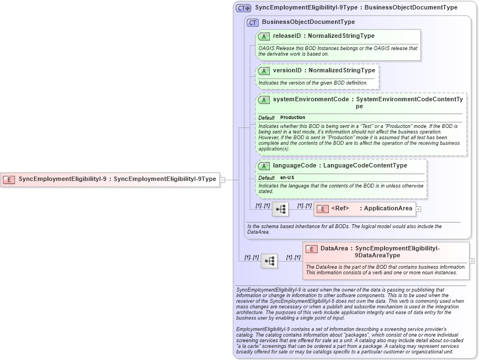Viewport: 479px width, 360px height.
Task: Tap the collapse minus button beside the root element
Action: (x=223, y=179)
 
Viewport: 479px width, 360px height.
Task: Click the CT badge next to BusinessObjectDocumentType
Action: (x=253, y=22)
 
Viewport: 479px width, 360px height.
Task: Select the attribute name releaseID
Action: (x=287, y=36)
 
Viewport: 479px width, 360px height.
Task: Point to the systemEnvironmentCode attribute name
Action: (x=310, y=99)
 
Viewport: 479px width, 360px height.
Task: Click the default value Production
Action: (x=293, y=117)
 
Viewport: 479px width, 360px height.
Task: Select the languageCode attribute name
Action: (x=294, y=165)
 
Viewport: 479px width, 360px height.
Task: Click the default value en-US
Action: (x=287, y=177)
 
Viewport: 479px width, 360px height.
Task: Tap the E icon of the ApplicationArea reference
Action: (x=322, y=209)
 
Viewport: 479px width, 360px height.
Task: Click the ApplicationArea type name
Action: (x=388, y=209)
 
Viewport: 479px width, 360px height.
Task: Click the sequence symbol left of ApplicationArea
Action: (x=280, y=209)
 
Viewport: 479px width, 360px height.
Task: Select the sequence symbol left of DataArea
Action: (x=269, y=261)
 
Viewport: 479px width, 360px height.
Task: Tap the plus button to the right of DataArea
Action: (x=472, y=260)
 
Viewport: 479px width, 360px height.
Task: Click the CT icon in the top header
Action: (x=244, y=8)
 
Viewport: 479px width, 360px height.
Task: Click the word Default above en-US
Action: (x=266, y=177)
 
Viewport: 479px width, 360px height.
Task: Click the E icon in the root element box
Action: (x=9, y=179)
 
